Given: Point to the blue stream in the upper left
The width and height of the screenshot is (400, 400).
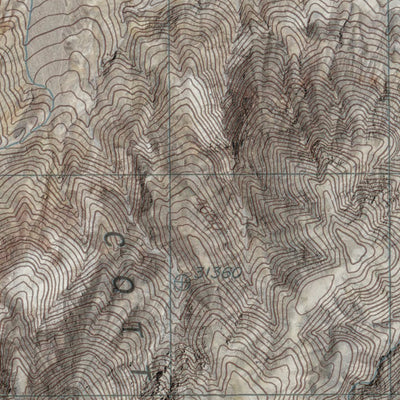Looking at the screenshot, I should pos(35,50).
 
